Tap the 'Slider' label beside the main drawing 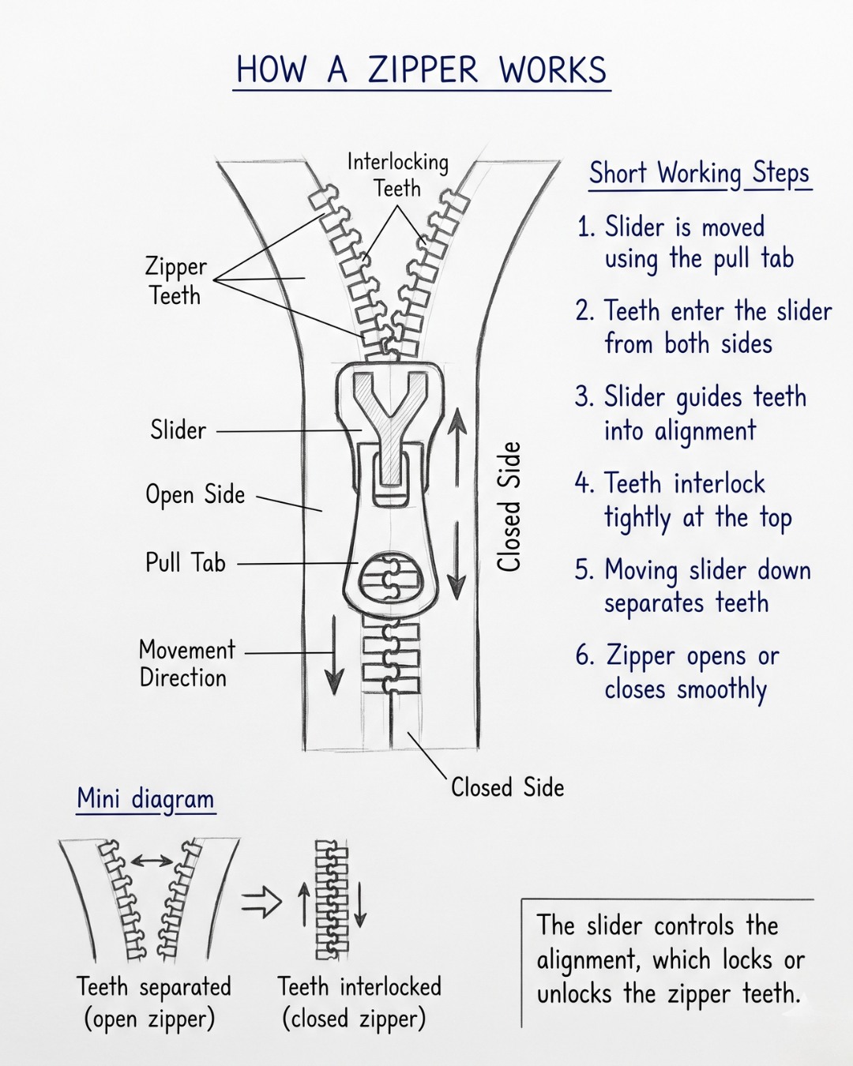pyautogui.click(x=178, y=430)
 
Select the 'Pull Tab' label pyautogui.click(x=186, y=563)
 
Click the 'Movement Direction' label pyautogui.click(x=187, y=664)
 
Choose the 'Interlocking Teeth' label pyautogui.click(x=397, y=175)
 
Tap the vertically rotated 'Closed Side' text pyautogui.click(x=509, y=507)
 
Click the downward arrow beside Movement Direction pyautogui.click(x=334, y=655)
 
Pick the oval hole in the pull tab pyautogui.click(x=391, y=578)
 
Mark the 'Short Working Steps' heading pyautogui.click(x=699, y=175)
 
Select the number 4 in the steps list pyautogui.click(x=584, y=482)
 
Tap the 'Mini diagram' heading pyautogui.click(x=145, y=799)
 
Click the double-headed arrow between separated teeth pyautogui.click(x=152, y=861)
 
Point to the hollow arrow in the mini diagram pyautogui.click(x=261, y=903)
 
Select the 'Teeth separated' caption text pyautogui.click(x=154, y=986)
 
